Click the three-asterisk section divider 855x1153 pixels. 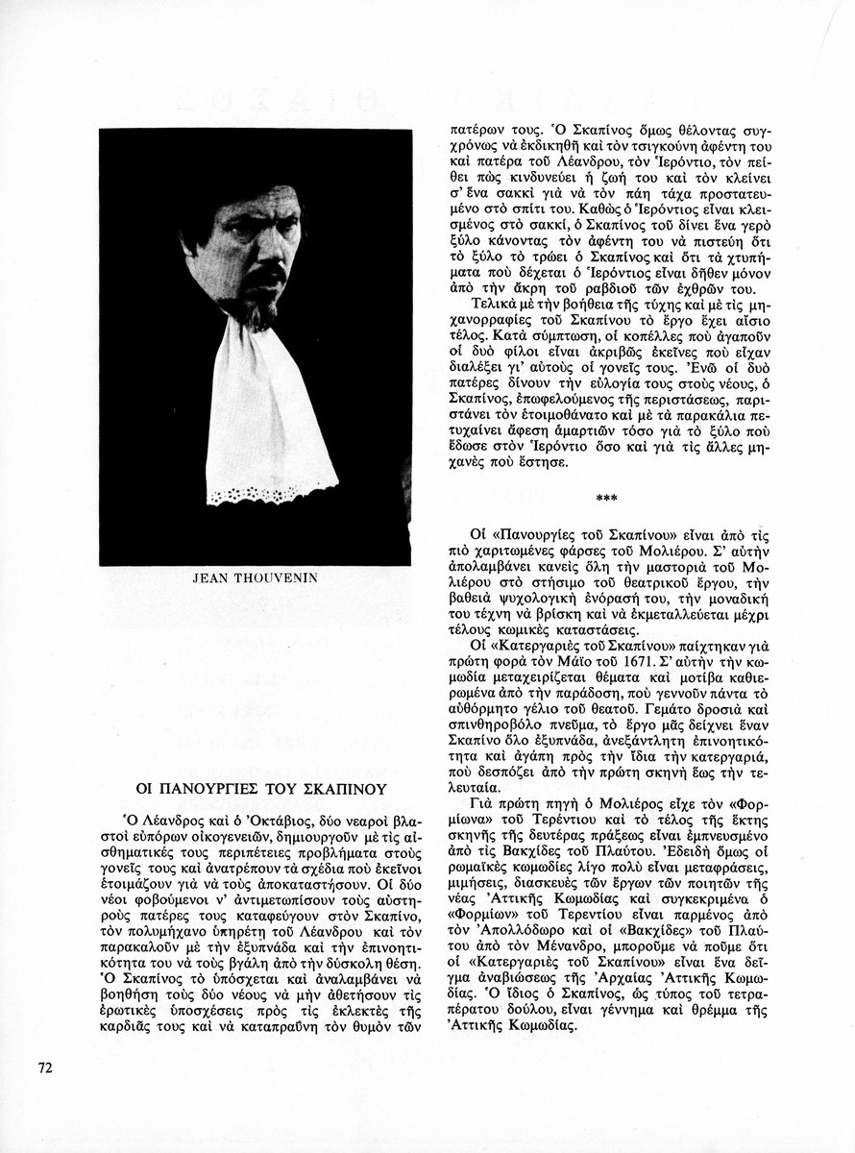coord(607,497)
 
